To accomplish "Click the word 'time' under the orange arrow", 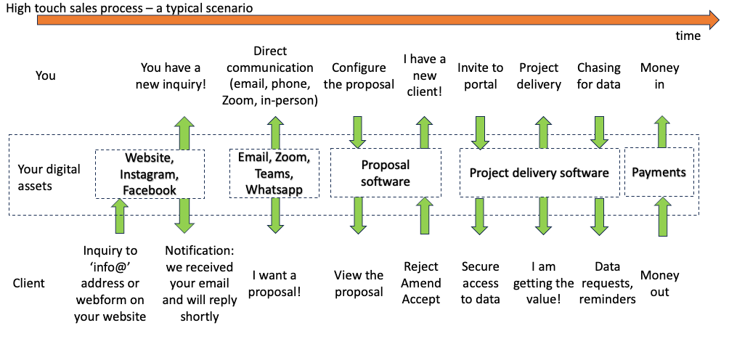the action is tap(688, 36).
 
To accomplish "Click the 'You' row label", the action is tap(46, 75).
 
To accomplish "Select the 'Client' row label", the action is tap(29, 283).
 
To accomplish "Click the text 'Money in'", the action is tap(659, 76).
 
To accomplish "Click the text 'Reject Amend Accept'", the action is tap(420, 283).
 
